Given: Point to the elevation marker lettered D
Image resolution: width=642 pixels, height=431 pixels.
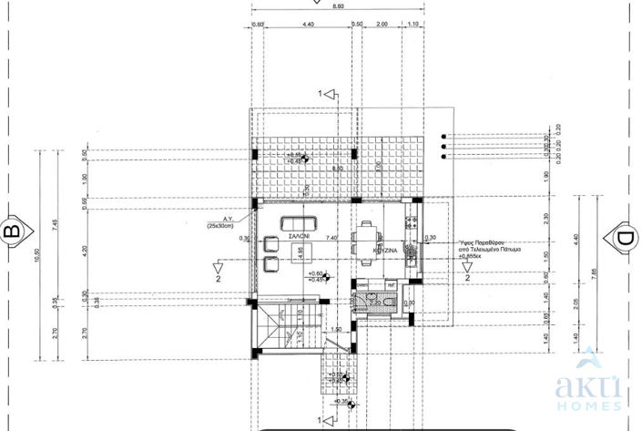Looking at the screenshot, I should coord(625,239).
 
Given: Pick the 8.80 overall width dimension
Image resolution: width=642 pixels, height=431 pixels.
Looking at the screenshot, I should coord(339,6).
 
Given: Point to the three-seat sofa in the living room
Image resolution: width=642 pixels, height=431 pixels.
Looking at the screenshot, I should coord(299,222).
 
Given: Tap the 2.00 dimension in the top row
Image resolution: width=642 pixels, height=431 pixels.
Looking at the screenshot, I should coord(382,25).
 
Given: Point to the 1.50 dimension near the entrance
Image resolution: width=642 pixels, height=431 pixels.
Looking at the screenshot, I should coord(336,330).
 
